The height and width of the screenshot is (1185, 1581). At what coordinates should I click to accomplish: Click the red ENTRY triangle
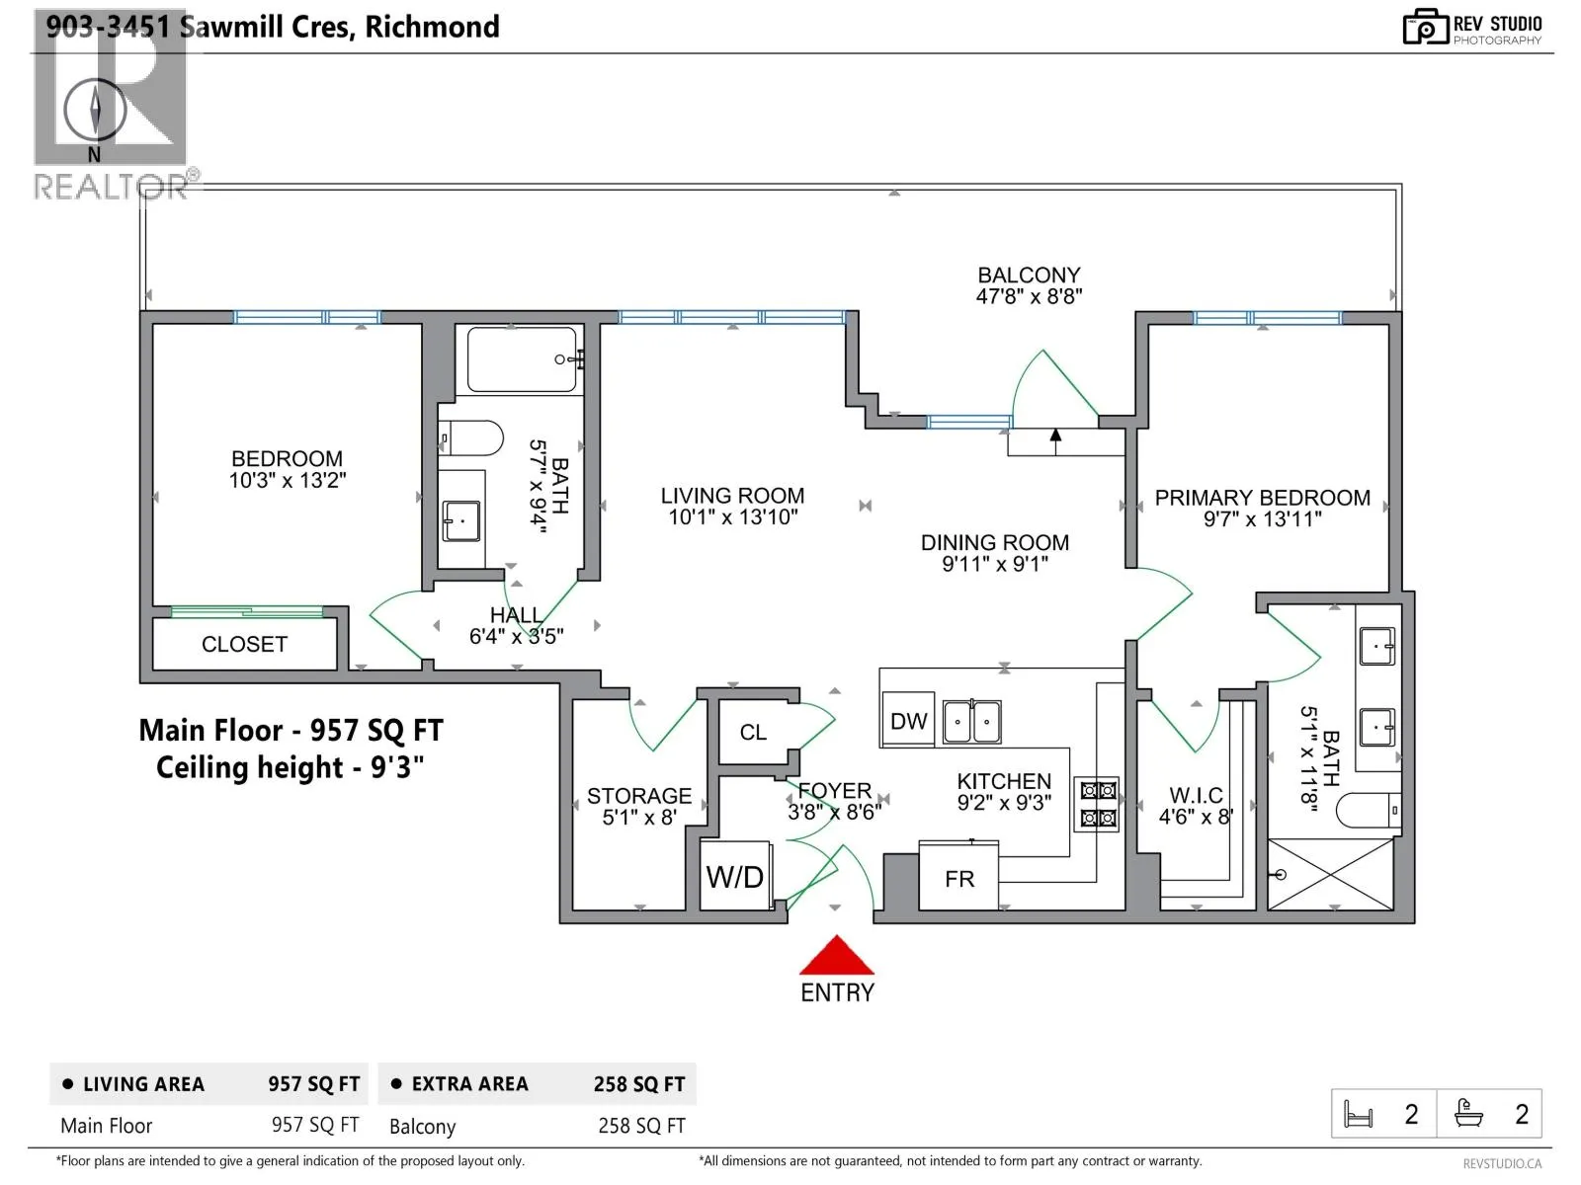click(x=836, y=956)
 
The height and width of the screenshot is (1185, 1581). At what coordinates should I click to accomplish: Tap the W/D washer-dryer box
click(x=735, y=876)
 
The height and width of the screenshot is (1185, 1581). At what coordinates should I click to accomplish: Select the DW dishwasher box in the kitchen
click(x=908, y=721)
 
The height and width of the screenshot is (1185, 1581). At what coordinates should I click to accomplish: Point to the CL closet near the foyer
click(x=753, y=732)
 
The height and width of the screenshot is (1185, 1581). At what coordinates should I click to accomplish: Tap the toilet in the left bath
click(x=470, y=437)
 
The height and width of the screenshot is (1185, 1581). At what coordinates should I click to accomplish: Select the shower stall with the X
click(x=1330, y=874)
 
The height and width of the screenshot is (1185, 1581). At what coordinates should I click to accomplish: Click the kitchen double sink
click(x=971, y=721)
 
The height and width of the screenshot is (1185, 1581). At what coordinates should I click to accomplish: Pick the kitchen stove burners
click(x=1096, y=805)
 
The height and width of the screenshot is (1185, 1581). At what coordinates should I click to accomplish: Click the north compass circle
click(x=95, y=110)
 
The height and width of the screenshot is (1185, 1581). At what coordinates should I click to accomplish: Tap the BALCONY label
click(x=1029, y=275)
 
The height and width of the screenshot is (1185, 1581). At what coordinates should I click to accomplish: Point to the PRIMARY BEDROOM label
click(x=1262, y=498)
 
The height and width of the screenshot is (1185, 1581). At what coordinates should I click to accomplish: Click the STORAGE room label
click(x=639, y=796)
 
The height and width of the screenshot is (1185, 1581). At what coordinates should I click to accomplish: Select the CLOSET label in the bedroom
click(x=244, y=644)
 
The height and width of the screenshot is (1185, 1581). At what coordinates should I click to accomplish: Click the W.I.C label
click(x=1196, y=795)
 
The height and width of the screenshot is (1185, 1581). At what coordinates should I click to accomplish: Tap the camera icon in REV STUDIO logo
click(x=1425, y=28)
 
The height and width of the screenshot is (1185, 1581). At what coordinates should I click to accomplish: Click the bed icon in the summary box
click(x=1358, y=1115)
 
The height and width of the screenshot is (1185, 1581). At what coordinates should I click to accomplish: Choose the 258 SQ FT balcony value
click(x=641, y=1126)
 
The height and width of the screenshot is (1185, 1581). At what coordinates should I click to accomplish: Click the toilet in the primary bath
click(x=1368, y=810)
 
